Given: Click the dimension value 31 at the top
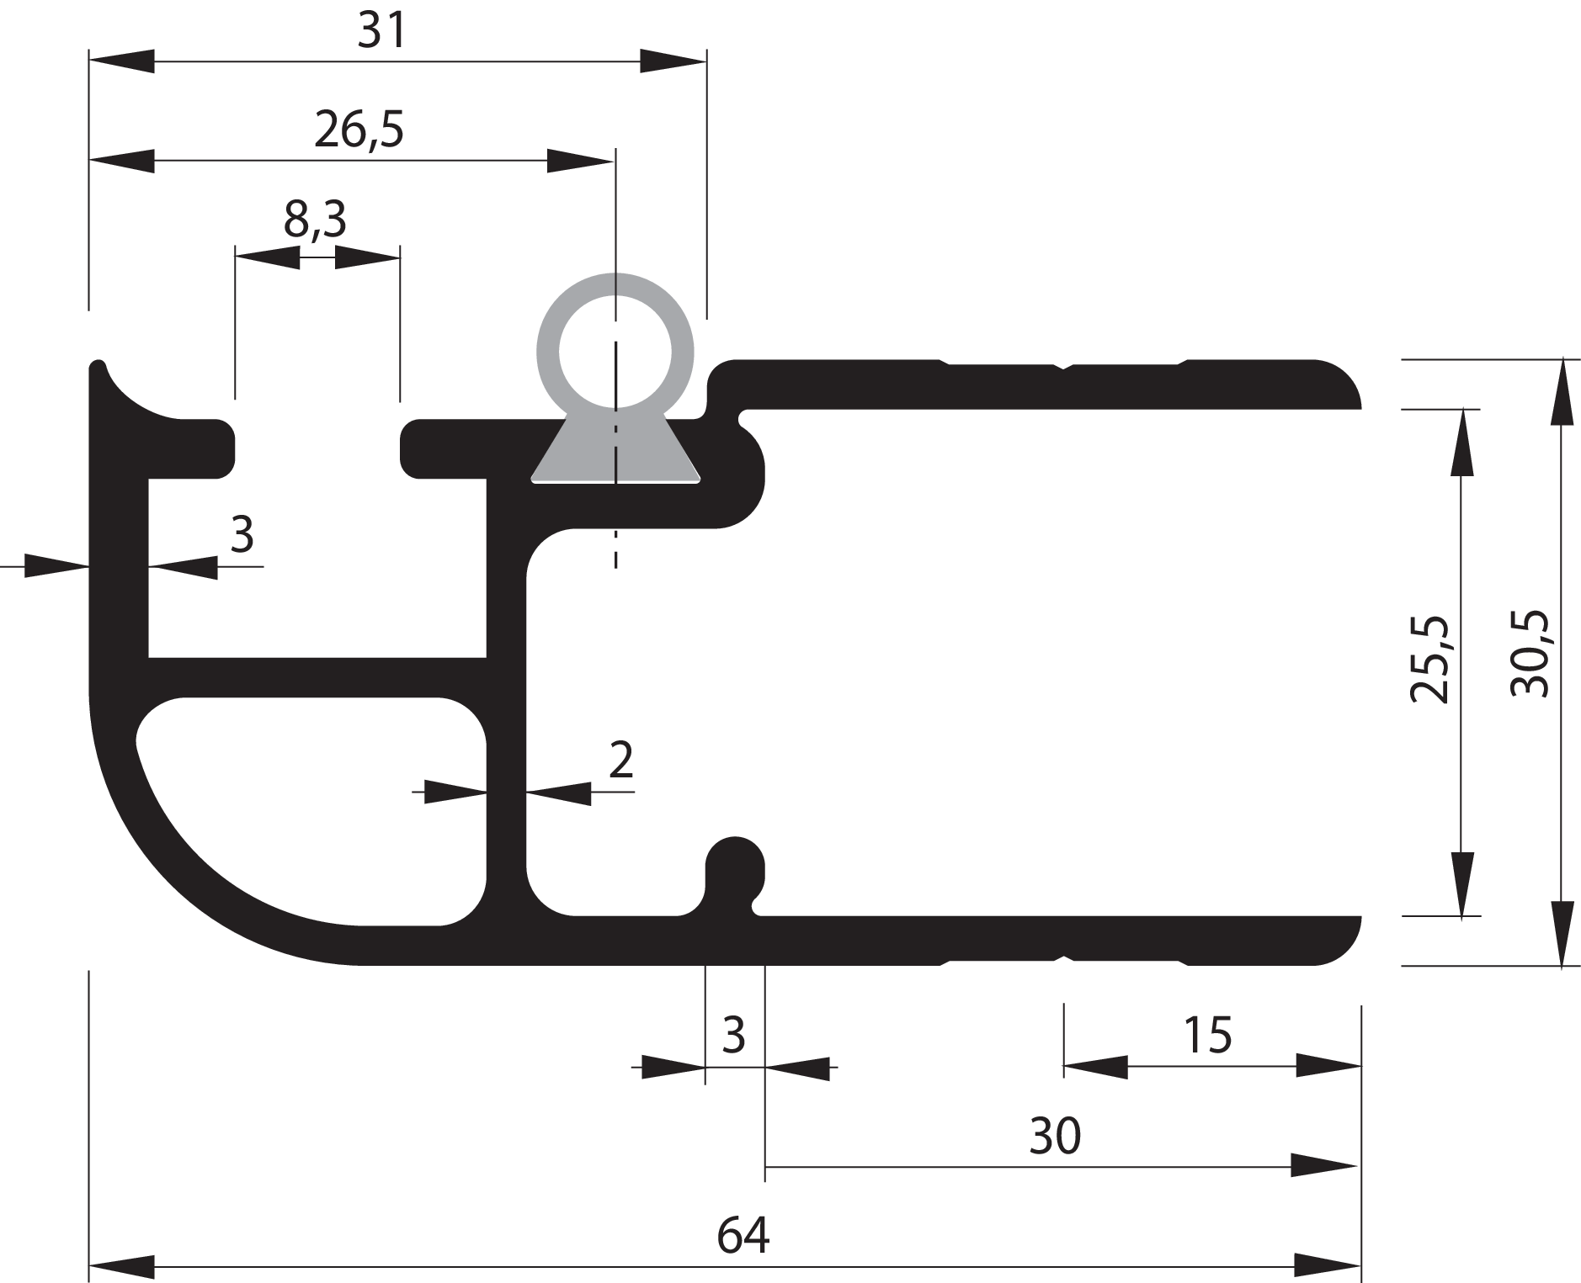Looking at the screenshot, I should pyautogui.click(x=381, y=32).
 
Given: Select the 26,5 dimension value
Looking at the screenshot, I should pyautogui.click(x=359, y=130).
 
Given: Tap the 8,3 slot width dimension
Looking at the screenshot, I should pyautogui.click(x=315, y=220).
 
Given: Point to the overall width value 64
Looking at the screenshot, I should pyautogui.click(x=743, y=1236).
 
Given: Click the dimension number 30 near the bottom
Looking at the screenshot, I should pyautogui.click(x=1054, y=1137).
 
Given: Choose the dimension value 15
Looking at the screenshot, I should pyautogui.click(x=1207, y=1036).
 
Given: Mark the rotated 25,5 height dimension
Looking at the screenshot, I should pyautogui.click(x=1429, y=660).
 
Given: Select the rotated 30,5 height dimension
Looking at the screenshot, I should pyautogui.click(x=1529, y=653).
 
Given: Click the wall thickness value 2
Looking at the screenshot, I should pyautogui.click(x=620, y=761).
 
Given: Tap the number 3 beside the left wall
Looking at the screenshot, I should pyautogui.click(x=242, y=534).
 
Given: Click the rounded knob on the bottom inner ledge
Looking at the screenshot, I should pyautogui.click(x=735, y=862).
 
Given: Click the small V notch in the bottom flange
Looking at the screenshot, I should pyautogui.click(x=1065, y=958).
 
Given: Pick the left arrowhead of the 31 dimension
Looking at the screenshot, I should pyautogui.click(x=122, y=61).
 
